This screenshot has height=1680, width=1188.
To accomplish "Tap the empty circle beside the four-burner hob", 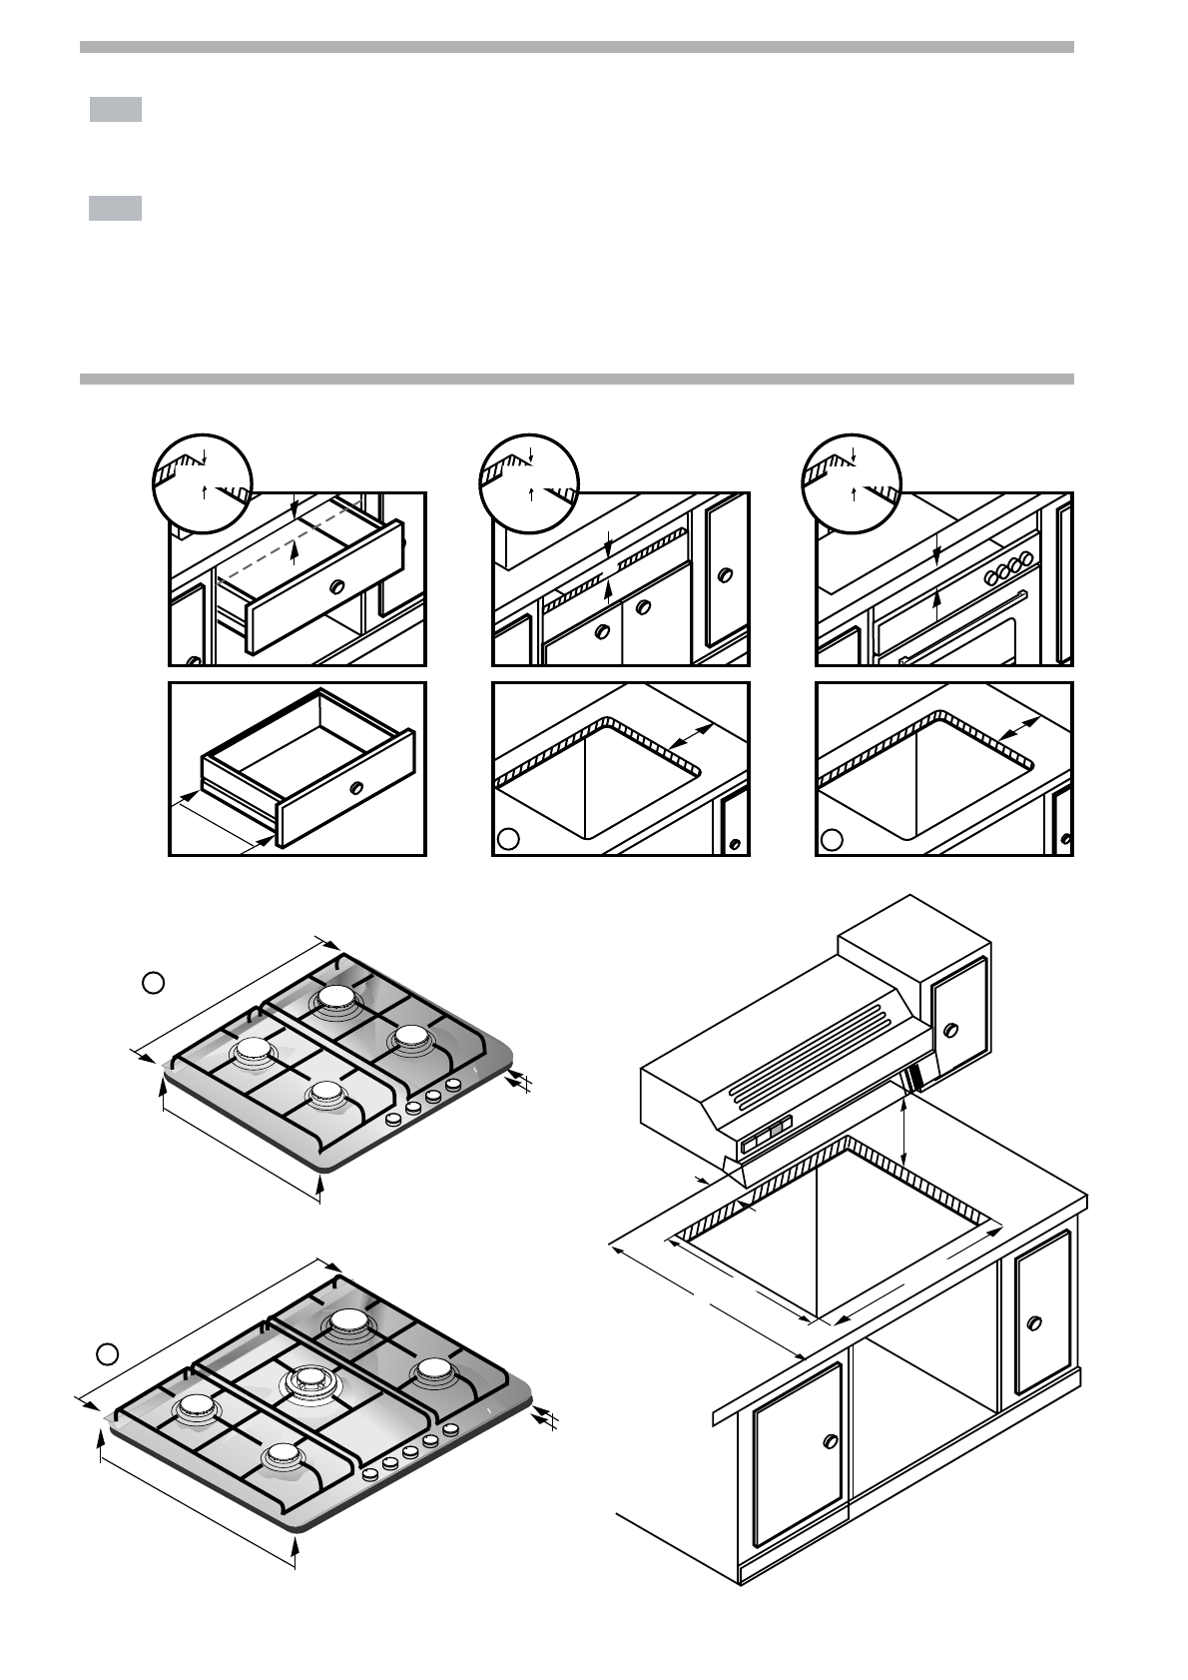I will click(x=153, y=983).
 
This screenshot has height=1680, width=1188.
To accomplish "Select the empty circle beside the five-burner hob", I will click(x=109, y=1353).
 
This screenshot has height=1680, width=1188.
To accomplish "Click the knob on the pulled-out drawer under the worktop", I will click(x=337, y=586).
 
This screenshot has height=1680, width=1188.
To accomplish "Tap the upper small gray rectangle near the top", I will click(x=115, y=109).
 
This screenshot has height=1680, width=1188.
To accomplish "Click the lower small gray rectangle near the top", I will click(x=115, y=208).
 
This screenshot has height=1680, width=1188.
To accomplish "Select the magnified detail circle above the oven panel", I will click(x=853, y=481).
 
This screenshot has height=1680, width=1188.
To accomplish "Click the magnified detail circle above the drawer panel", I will click(x=203, y=481).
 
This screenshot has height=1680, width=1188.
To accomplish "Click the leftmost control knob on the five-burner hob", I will click(x=370, y=1473).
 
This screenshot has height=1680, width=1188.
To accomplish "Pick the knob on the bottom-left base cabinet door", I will click(x=829, y=1441).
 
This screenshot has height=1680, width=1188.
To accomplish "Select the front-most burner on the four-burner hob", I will click(x=326, y=1096).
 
